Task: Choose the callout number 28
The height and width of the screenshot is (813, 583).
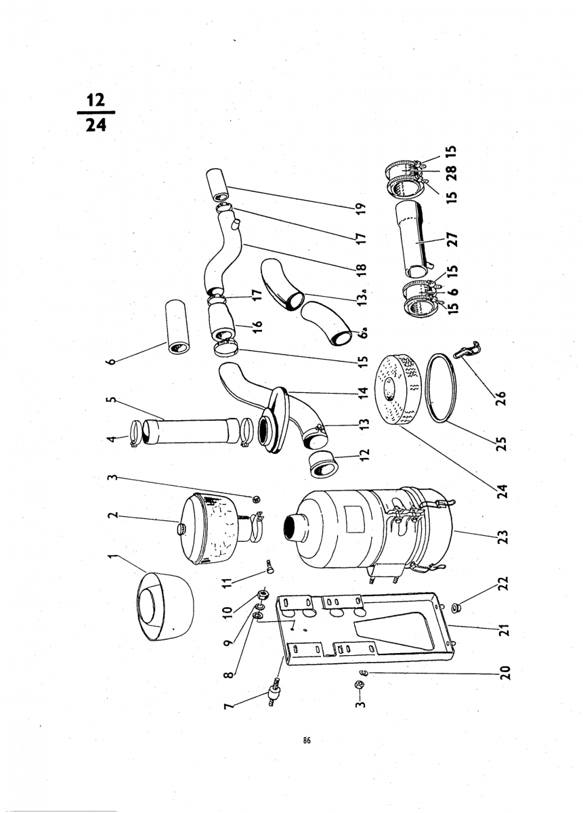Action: (x=453, y=172)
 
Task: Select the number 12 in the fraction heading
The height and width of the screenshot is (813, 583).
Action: (x=95, y=100)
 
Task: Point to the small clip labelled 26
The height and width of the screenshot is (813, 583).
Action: (x=465, y=349)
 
